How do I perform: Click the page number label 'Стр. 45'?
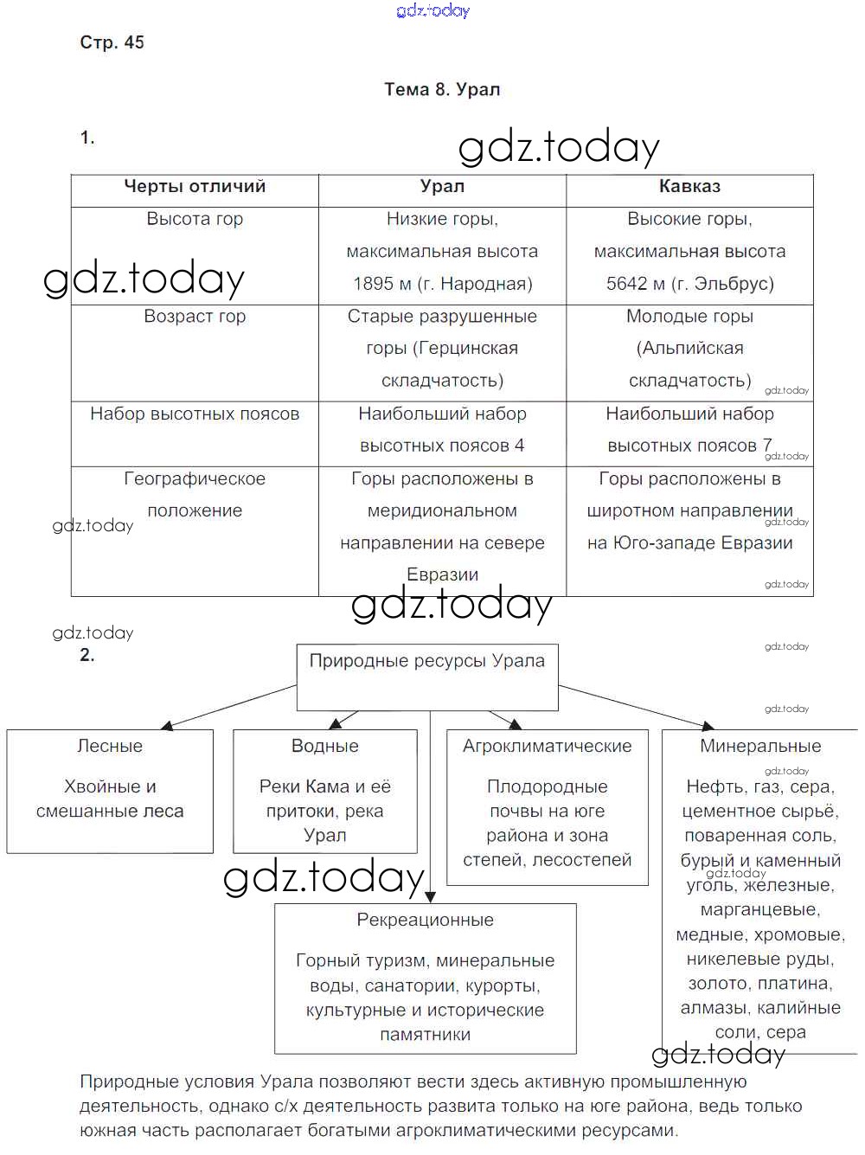point(112,42)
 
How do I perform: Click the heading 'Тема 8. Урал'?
point(442,89)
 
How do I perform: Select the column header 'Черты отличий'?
point(195,186)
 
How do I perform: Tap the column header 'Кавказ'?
point(689,186)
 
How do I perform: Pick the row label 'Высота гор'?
point(195,219)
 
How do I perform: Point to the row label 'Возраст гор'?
point(195,317)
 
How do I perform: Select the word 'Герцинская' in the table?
point(466,349)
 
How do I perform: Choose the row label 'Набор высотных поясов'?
point(195,414)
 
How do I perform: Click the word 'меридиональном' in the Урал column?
point(442,511)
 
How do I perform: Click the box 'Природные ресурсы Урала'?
point(427,661)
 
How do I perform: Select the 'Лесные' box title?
point(110,746)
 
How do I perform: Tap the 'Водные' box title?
point(324,746)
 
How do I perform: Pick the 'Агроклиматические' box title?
point(547,746)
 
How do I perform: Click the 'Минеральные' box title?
point(760,746)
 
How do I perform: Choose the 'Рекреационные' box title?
point(425,920)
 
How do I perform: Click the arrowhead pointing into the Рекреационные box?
point(431,897)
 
